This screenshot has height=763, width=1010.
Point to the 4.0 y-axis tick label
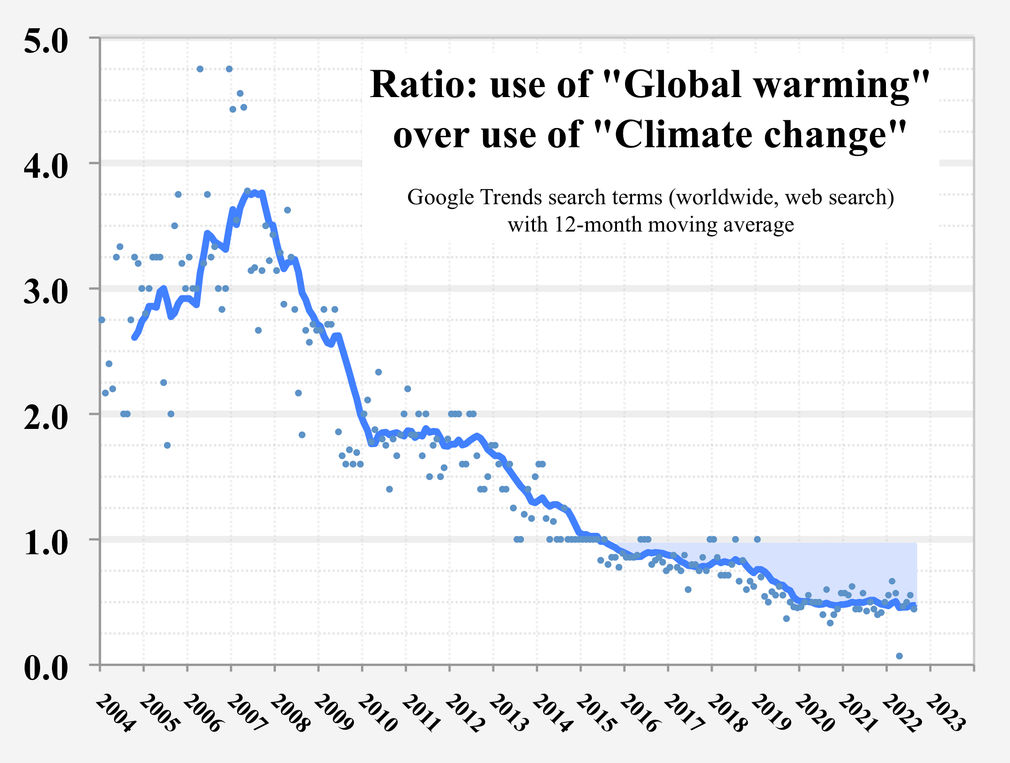pyautogui.click(x=46, y=167)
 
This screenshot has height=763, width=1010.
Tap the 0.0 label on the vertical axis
pyautogui.click(x=46, y=669)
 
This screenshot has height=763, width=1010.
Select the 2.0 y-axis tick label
pyautogui.click(x=46, y=418)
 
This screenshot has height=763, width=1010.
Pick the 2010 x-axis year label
pyautogui.click(x=378, y=713)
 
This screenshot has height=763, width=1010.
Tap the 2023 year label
pyautogui.click(x=946, y=713)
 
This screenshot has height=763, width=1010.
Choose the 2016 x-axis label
pyautogui.click(x=640, y=713)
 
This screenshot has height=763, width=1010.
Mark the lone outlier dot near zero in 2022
pyautogui.click(x=899, y=656)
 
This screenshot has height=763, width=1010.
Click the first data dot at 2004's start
pyautogui.click(x=102, y=320)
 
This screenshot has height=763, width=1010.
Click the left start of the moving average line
pyautogui.click(x=134, y=337)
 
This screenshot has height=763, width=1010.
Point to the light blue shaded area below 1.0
pyautogui.click(x=845, y=566)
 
